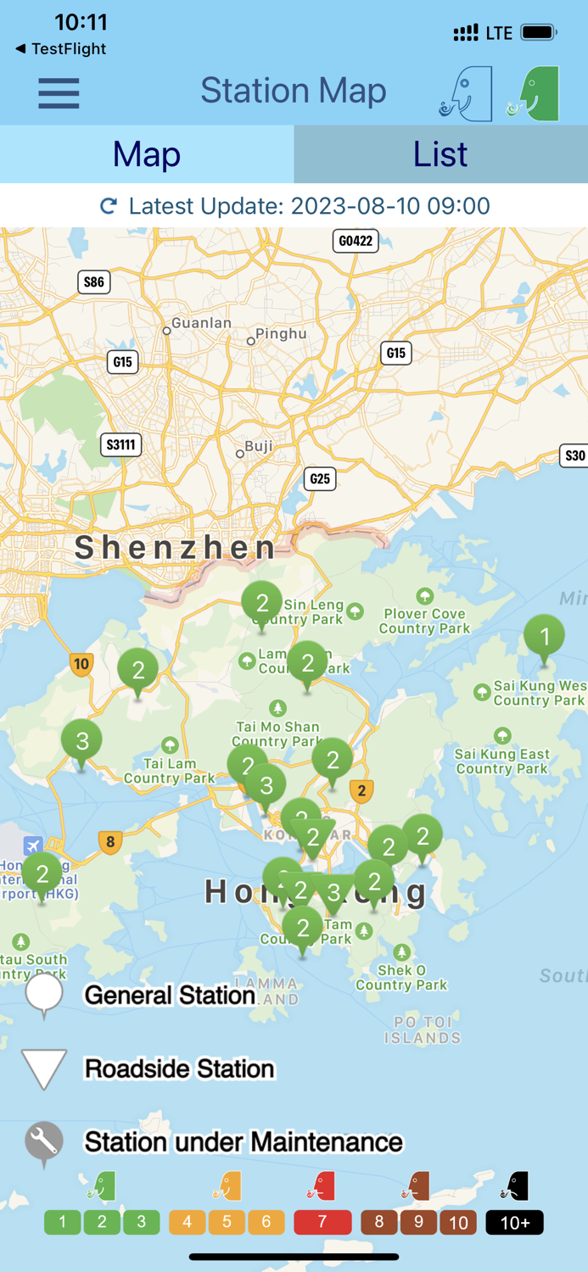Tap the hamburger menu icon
(59, 92)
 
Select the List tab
(440, 154)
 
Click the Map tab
(147, 154)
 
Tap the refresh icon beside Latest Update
(109, 206)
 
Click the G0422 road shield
(356, 241)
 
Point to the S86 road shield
(94, 282)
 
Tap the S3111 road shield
(120, 444)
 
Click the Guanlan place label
(201, 323)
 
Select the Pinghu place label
(281, 334)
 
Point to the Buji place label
(259, 446)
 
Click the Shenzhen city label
(176, 548)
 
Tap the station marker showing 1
(545, 636)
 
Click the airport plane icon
(33, 845)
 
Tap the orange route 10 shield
(81, 664)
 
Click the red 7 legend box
(322, 1222)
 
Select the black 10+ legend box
(514, 1222)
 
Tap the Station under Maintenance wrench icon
(43, 1142)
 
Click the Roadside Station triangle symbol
(43, 1068)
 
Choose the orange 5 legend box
(227, 1222)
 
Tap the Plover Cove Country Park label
(424, 621)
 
